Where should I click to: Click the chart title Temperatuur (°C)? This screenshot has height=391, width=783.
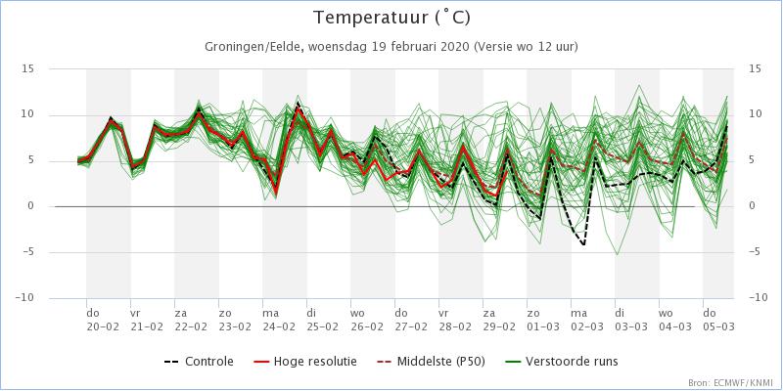click(391, 18)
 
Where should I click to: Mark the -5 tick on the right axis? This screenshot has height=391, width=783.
click(755, 251)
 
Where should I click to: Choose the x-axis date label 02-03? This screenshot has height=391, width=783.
click(586, 327)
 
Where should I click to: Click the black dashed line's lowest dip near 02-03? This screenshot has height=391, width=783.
click(584, 244)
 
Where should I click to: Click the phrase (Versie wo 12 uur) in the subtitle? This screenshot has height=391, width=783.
click(528, 47)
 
